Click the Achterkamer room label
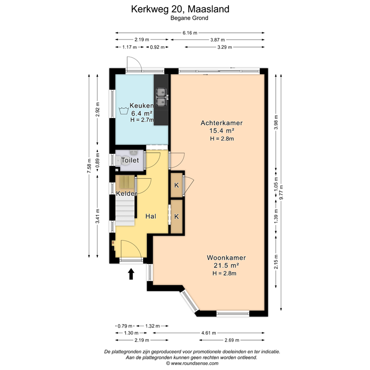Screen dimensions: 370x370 click(x=222, y=123)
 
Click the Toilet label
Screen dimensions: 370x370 click(x=130, y=160)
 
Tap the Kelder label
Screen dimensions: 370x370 click(x=127, y=193)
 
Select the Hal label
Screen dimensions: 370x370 click(x=151, y=217)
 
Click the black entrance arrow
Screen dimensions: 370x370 click(x=131, y=274)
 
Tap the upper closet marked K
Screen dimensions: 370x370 click(x=177, y=185)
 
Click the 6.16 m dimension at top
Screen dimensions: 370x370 click(x=190, y=33)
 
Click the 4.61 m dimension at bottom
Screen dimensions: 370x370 click(x=209, y=333)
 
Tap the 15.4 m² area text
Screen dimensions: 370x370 click(x=222, y=131)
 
